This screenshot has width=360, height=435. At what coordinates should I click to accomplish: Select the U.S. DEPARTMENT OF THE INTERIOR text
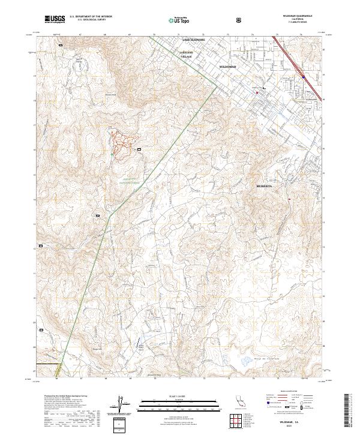(90, 17)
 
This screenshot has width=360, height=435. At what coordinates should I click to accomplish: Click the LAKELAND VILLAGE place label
(187, 54)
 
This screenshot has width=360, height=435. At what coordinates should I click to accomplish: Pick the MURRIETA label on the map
(265, 187)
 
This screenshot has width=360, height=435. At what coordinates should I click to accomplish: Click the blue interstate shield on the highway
(304, 77)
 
